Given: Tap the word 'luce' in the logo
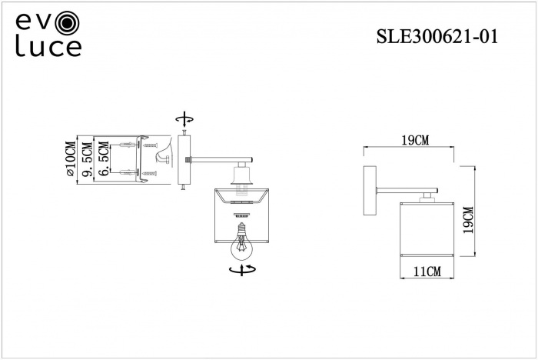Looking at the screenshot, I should [48, 47].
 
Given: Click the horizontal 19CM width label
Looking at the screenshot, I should [415, 140].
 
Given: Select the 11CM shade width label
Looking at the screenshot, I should [427, 271].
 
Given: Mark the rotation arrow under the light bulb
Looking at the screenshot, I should [244, 269].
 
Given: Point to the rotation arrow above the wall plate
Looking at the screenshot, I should [184, 118].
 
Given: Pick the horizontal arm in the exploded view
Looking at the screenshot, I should [220, 160].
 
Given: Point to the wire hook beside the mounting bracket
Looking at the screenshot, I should [164, 158].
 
